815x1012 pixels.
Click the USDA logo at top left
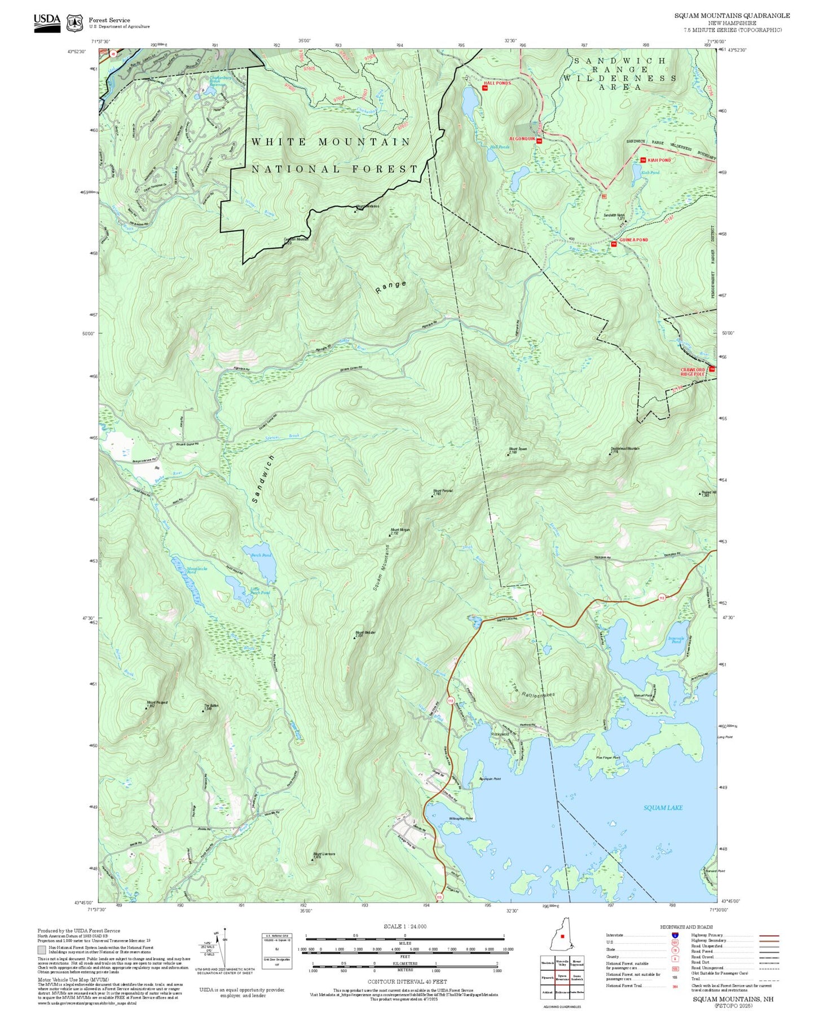(x=47, y=22)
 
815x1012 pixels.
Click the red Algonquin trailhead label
(x=521, y=138)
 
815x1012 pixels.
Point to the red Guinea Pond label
(x=633, y=240)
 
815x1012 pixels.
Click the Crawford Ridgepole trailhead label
(x=693, y=372)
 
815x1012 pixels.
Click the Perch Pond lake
(x=259, y=561)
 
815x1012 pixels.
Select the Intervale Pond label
(x=676, y=640)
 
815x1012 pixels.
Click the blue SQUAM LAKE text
(x=663, y=808)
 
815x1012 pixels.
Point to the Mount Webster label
(x=365, y=633)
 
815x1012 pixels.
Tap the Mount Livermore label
(x=324, y=854)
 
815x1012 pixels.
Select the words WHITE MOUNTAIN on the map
(x=331, y=142)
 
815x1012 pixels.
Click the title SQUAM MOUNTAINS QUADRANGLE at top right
(x=732, y=16)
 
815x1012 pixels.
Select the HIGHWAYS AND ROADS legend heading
(x=686, y=927)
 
